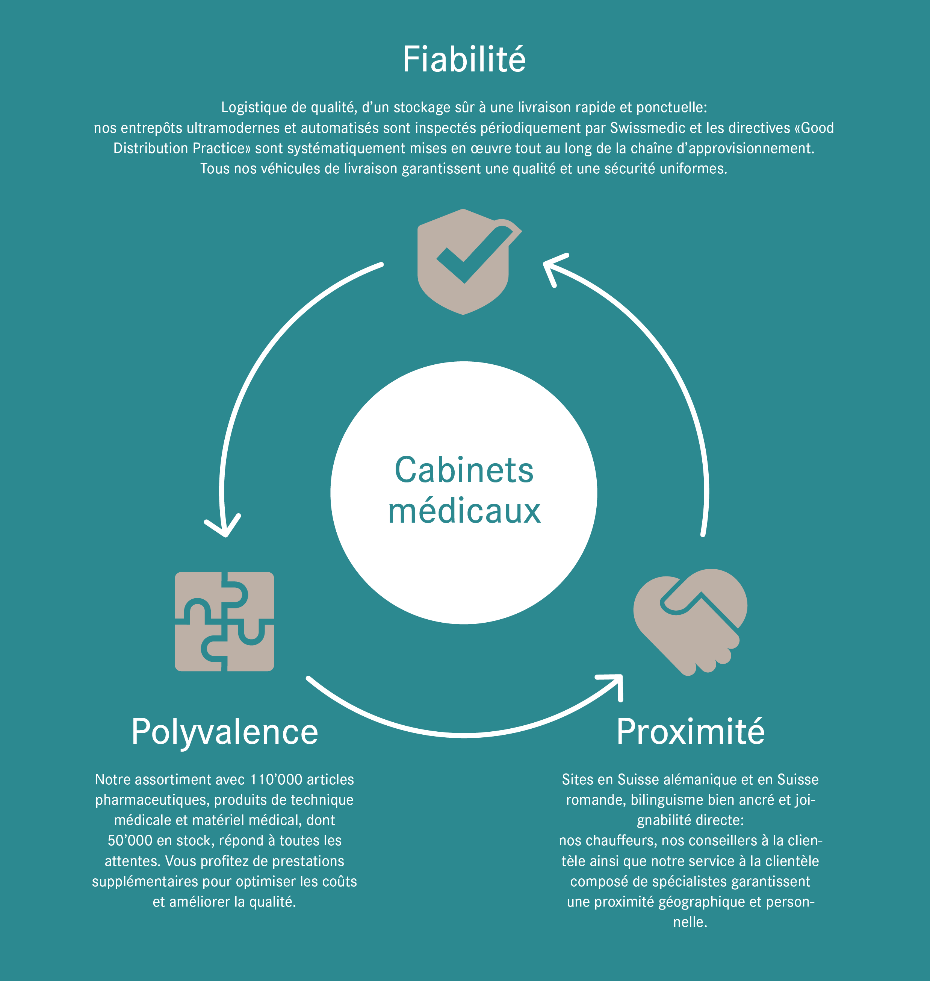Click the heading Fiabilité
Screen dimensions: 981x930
pyautogui.click(x=464, y=59)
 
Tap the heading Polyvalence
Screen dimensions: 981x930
pyautogui.click(x=225, y=732)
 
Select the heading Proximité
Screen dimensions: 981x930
pyautogui.click(x=691, y=732)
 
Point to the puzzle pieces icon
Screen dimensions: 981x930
pyautogui.click(x=225, y=622)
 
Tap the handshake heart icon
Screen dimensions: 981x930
pyautogui.click(x=691, y=622)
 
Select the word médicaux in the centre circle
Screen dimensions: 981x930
pyautogui.click(x=464, y=511)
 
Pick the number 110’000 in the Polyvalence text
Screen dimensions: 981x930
pyautogui.click(x=276, y=779)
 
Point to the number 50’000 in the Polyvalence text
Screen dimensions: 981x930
pyautogui.click(x=130, y=841)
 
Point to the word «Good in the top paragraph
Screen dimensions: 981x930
pyautogui.click(x=814, y=128)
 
